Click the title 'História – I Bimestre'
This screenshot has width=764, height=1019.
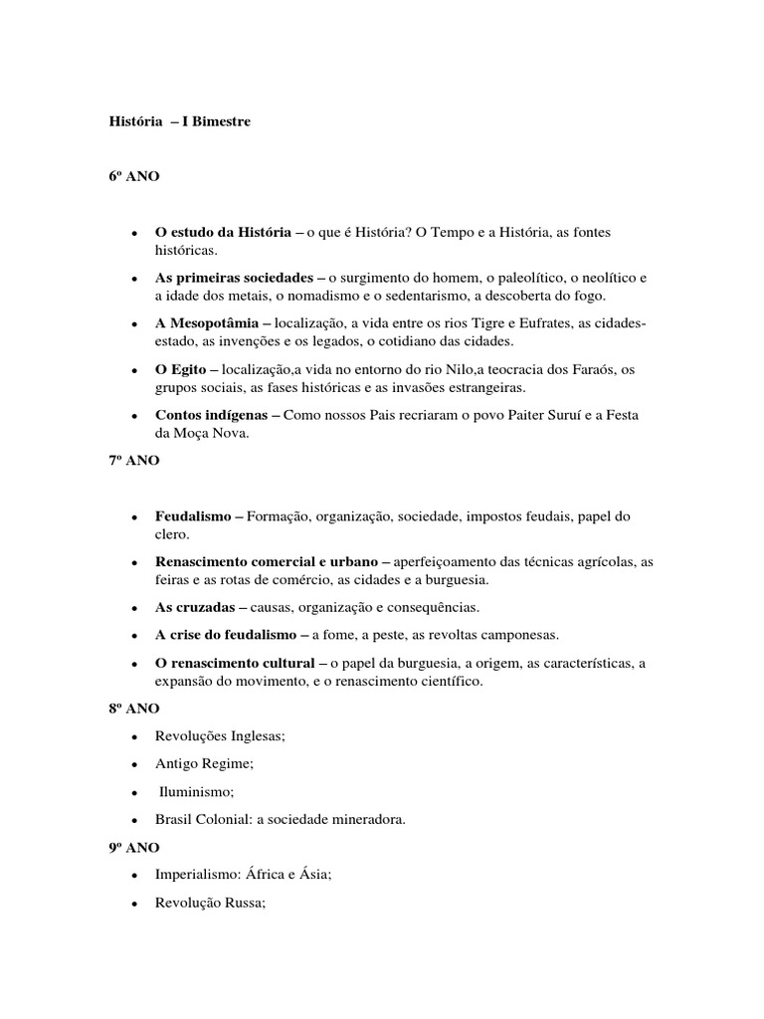click(x=179, y=121)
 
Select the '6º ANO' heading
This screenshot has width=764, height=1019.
click(x=133, y=177)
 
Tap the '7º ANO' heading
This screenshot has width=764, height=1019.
click(x=133, y=463)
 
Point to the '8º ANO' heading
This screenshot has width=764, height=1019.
click(x=133, y=709)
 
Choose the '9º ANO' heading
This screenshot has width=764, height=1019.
click(x=133, y=847)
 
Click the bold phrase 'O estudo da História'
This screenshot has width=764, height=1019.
click(x=223, y=232)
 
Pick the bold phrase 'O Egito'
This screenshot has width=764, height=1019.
click(x=180, y=369)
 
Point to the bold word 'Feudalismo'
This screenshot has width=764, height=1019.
click(x=193, y=516)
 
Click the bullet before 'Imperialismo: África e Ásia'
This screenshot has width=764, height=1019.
click(x=133, y=876)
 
